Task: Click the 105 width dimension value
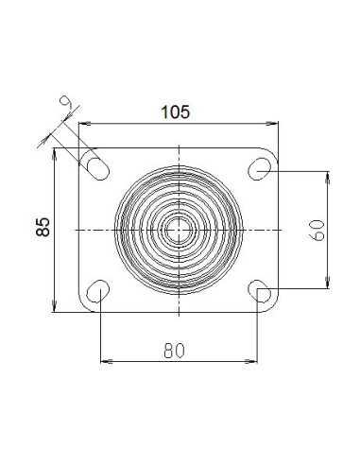click(x=176, y=112)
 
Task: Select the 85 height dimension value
click(x=43, y=227)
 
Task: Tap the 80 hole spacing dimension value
click(x=174, y=351)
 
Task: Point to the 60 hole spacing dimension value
click(x=318, y=231)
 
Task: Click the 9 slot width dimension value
click(x=66, y=101)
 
